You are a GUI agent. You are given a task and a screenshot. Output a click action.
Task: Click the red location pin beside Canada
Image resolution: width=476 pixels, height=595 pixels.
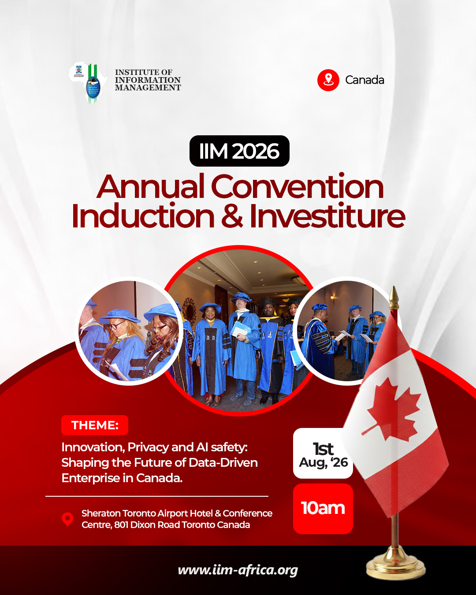click(x=328, y=80)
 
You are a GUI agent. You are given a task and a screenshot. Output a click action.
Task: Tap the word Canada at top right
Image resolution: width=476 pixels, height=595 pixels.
click(x=364, y=80)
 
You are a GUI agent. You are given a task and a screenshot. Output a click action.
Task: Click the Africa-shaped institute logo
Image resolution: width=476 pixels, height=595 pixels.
click(x=89, y=83)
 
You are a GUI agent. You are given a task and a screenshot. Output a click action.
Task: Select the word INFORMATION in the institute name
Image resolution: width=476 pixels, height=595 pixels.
click(x=148, y=80)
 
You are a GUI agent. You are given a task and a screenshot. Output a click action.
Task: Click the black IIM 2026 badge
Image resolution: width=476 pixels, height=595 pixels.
click(x=239, y=151)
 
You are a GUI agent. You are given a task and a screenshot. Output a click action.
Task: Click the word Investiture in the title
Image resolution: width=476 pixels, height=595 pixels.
click(x=327, y=216)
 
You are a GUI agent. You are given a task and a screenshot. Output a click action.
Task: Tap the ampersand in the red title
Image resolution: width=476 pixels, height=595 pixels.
click(x=232, y=216)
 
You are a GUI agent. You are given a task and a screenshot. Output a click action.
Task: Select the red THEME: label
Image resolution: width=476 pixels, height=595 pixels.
click(x=95, y=425)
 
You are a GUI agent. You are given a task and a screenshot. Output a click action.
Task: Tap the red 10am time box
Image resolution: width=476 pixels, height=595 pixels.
click(x=323, y=509)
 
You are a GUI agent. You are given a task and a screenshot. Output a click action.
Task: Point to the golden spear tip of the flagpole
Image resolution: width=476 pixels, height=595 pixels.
click(x=394, y=296)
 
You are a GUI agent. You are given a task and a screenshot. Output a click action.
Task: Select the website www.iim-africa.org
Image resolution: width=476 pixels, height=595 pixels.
click(x=238, y=570)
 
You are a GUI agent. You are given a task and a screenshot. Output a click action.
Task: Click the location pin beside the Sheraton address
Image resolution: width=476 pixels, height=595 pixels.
click(x=67, y=519)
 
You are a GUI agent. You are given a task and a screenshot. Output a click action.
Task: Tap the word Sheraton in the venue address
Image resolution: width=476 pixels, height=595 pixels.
click(x=101, y=513)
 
